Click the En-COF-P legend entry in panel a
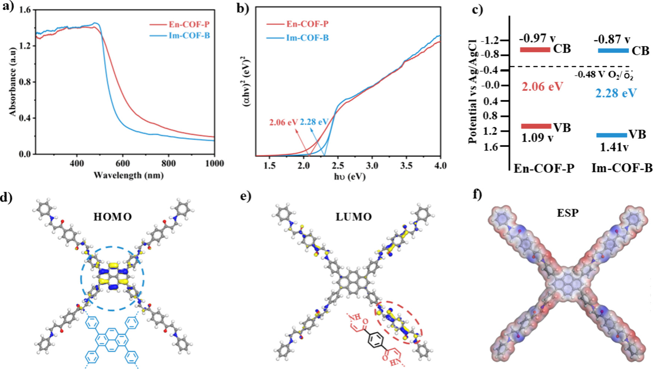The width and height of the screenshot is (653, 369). (189, 25)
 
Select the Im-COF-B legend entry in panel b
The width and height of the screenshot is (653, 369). (307, 38)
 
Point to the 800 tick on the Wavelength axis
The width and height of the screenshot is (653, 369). (168, 163)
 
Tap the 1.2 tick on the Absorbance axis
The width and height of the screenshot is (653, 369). (25, 46)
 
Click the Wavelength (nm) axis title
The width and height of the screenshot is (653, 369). (128, 175)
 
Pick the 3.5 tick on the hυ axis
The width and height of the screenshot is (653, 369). (406, 166)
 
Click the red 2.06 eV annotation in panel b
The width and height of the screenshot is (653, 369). (283, 122)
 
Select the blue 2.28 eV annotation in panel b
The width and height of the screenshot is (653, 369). (314, 122)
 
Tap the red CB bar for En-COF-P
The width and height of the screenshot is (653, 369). (535, 49)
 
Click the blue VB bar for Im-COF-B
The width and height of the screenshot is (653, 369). (612, 135)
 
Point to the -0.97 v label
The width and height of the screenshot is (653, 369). (537, 38)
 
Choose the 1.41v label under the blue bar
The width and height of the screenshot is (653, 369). (614, 148)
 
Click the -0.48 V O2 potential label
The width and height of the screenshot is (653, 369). (603, 75)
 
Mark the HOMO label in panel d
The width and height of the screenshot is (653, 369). (112, 217)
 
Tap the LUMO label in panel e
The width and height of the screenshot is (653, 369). (353, 217)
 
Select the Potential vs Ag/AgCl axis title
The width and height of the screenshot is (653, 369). (472, 91)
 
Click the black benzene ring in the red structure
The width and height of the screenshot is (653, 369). (376, 340)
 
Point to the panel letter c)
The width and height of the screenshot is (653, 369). (477, 9)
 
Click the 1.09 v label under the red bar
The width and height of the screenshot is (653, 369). (537, 138)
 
